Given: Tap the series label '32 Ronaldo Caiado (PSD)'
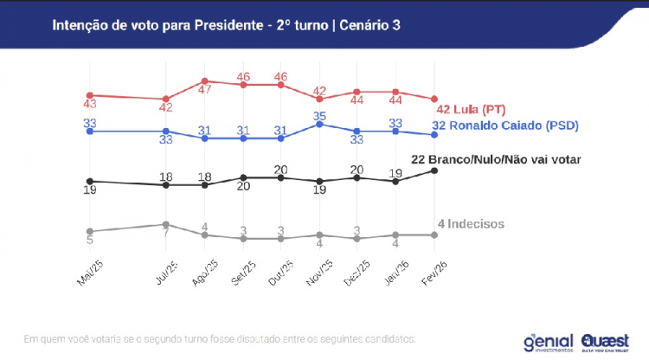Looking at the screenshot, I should click(x=504, y=125).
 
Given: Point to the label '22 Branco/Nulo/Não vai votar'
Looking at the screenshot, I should click(x=494, y=159).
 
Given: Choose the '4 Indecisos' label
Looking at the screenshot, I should click(x=471, y=224).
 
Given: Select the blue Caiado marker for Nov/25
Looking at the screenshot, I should click(x=320, y=124).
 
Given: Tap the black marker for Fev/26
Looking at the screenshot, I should click(x=434, y=170).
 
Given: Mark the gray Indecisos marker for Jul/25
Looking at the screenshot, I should click(x=165, y=224).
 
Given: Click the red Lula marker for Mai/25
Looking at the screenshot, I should click(x=89, y=95).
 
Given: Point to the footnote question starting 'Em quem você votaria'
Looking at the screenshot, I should click(x=220, y=337).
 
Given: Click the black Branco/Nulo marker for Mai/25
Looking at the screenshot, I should click(x=89, y=181).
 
